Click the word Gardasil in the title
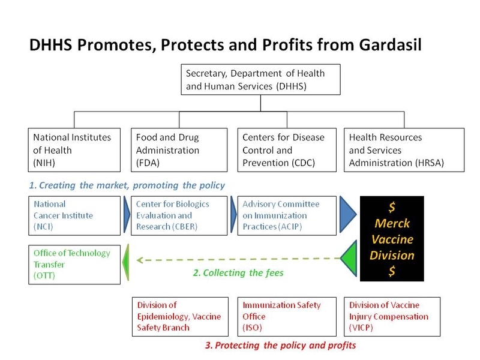[390, 44]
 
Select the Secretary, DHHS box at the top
[260, 80]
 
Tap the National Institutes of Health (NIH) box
[74, 150]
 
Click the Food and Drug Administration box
[179, 150]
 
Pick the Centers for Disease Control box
[287, 150]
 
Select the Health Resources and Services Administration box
[404, 150]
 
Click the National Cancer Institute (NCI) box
[74, 216]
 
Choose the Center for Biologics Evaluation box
[179, 216]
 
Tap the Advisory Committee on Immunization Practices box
[287, 216]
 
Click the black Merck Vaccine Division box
[392, 239]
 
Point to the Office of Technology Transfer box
[74, 265]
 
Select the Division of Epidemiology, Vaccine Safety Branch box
[181, 317]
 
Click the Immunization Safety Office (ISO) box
[287, 317]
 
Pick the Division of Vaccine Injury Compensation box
[392, 317]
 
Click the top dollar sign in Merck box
[392, 207]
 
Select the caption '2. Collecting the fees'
[238, 273]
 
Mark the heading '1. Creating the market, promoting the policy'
[127, 185]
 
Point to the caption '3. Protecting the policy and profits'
[281, 346]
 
